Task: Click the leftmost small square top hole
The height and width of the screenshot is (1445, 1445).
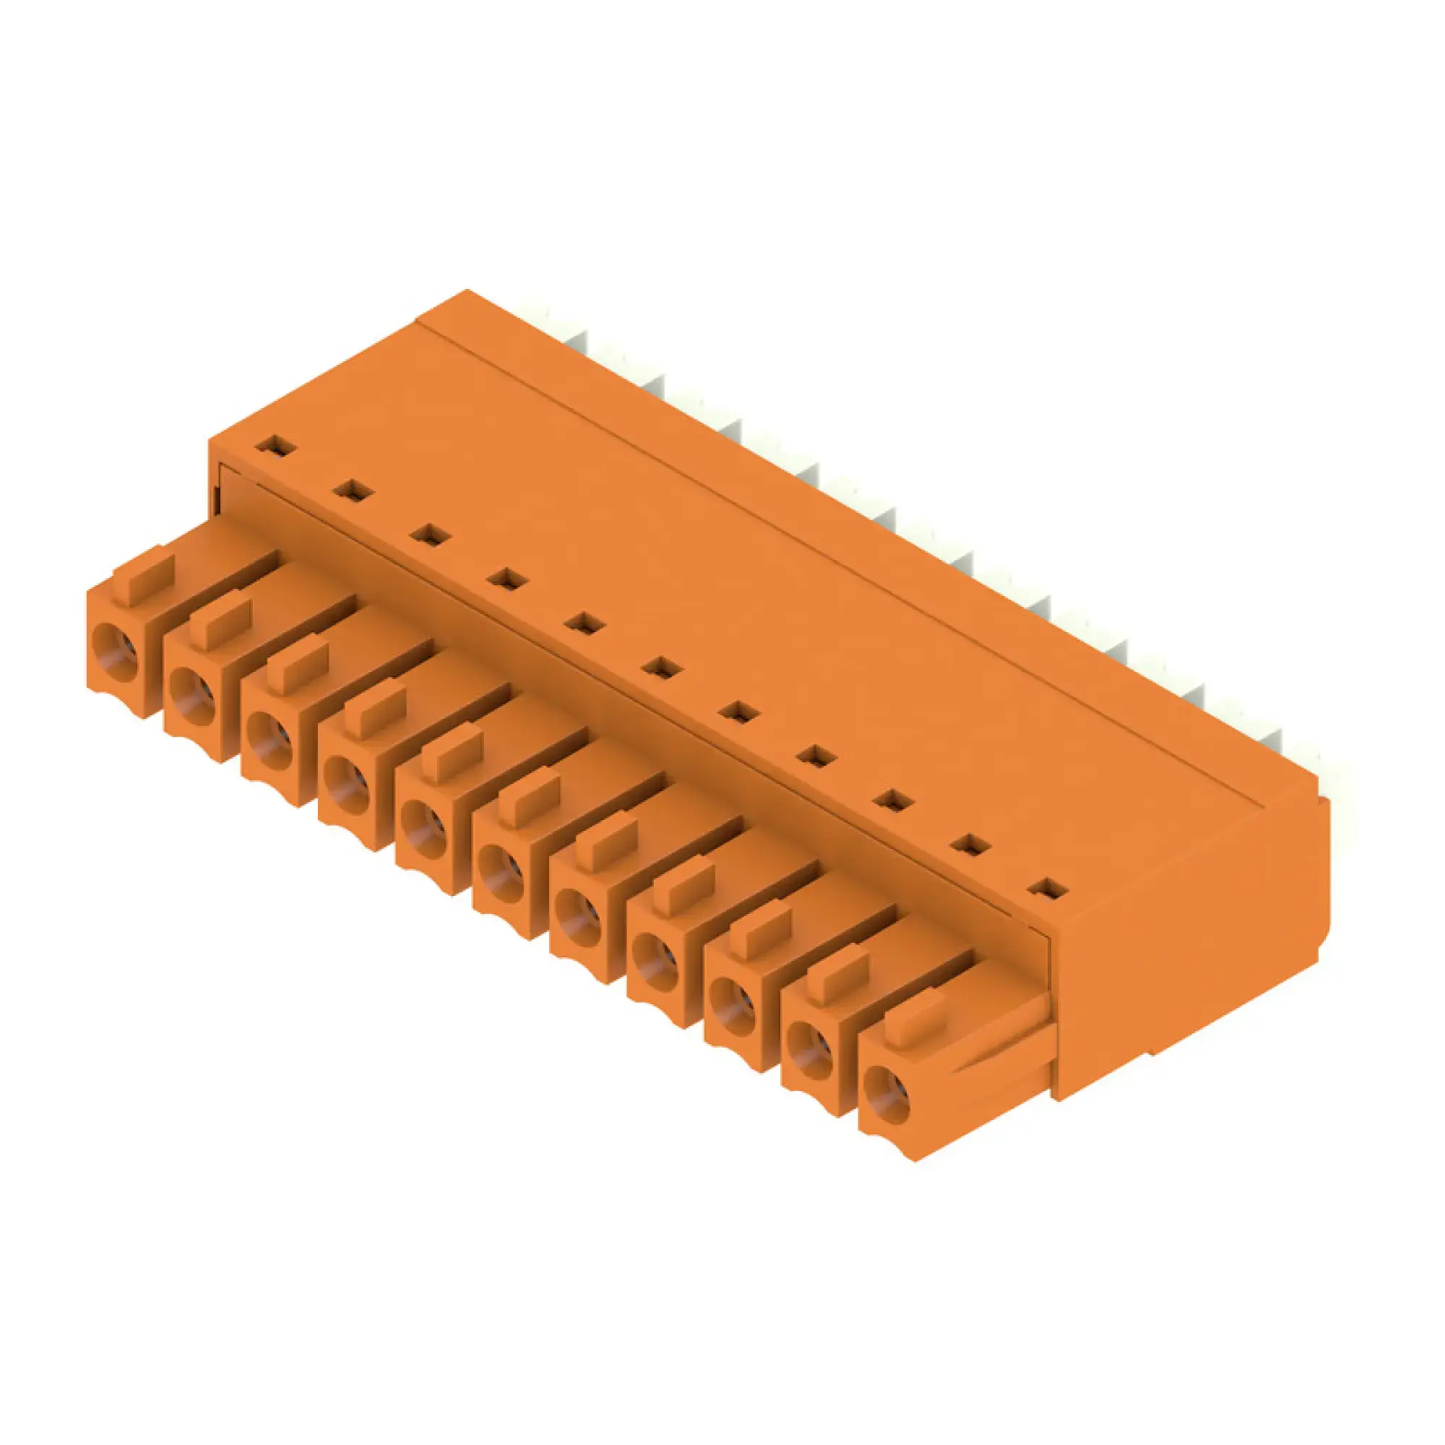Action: point(276,447)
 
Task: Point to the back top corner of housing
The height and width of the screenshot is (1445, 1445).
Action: point(467,292)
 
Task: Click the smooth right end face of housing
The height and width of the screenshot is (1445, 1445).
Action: point(1189,942)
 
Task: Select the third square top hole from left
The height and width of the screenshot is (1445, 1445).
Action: point(430,535)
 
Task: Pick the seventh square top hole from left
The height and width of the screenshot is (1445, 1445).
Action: point(739,712)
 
